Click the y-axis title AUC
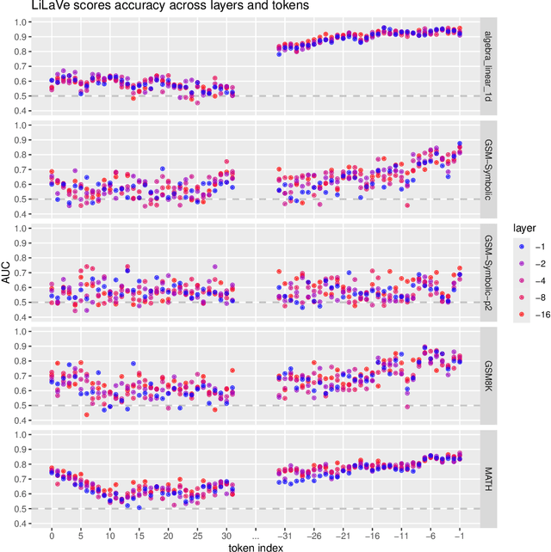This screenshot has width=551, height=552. [x=8, y=275]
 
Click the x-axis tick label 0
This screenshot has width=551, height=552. [x=52, y=532]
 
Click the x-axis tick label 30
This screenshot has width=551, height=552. [x=226, y=532]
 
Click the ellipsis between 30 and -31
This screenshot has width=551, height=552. [x=256, y=532]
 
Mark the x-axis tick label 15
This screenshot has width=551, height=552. [x=139, y=532]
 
